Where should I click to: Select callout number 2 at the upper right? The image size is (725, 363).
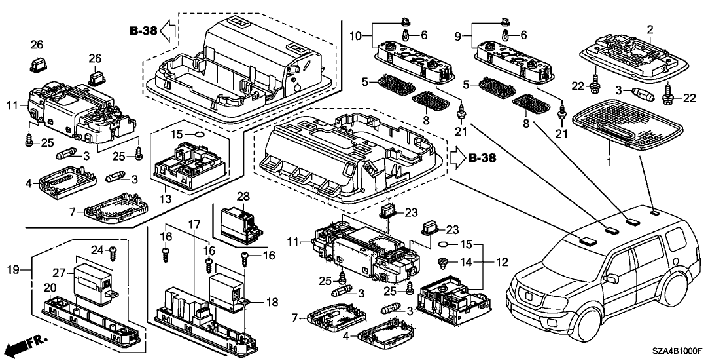coord(650,29)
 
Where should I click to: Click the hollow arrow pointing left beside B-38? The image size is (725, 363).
coord(168,29)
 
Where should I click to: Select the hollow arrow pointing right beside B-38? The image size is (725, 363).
coord(457,157)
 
